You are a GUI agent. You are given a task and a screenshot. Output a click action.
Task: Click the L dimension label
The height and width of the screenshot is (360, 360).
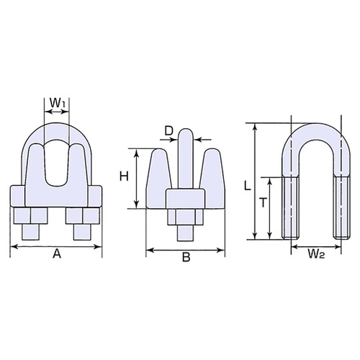tap(247, 185)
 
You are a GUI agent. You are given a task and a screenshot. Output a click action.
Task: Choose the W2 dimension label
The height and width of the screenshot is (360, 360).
tap(313, 254)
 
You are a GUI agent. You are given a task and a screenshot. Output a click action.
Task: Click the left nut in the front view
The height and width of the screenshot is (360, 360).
tap(30, 217)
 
